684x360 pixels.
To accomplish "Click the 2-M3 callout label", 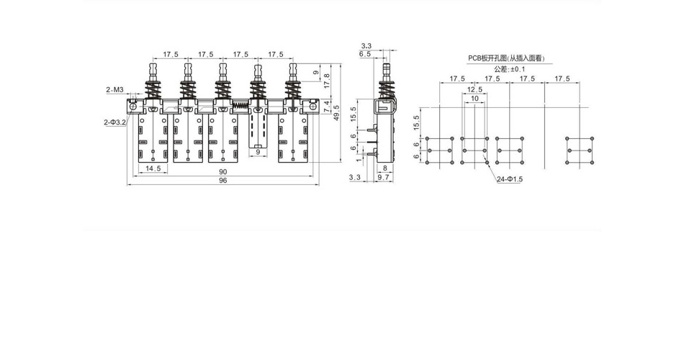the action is (x=115, y=90).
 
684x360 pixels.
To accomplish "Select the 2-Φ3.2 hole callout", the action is (x=114, y=122).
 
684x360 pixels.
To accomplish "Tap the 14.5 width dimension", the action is (x=153, y=168).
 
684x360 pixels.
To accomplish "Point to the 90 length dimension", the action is (x=223, y=172).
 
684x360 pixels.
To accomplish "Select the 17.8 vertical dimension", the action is (x=327, y=81).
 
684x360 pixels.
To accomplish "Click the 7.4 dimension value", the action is (x=327, y=107).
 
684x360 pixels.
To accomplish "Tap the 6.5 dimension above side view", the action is (x=365, y=54).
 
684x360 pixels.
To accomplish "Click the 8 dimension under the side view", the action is (x=384, y=168).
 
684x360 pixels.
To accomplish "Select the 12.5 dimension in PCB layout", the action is (x=474, y=89).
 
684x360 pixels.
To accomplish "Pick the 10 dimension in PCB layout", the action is (x=474, y=98).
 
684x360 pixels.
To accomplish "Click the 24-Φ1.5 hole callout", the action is (x=510, y=179).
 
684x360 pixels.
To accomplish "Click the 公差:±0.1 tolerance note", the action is (x=510, y=69).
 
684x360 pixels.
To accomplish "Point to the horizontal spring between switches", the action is (x=240, y=105).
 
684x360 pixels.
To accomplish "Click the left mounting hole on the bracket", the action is (x=132, y=106).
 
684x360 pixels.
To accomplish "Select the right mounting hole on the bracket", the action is (x=312, y=106).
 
